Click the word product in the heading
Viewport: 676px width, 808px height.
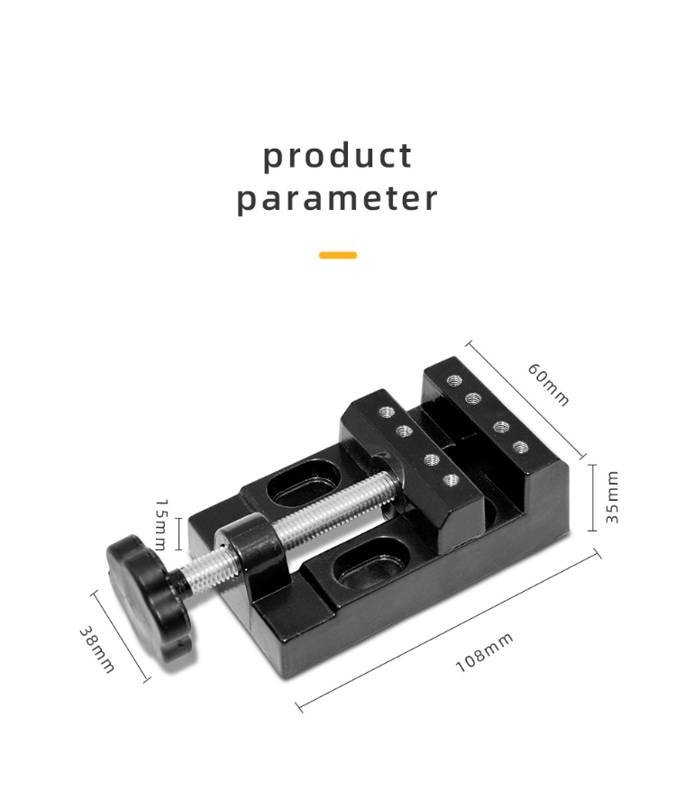[x=337, y=155]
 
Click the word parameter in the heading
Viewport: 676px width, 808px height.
[x=337, y=199]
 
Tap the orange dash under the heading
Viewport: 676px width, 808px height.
[x=338, y=255]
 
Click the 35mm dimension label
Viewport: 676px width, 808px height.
[x=612, y=497]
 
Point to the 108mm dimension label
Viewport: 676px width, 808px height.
[x=484, y=652]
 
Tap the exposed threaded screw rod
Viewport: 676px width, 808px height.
[x=333, y=509]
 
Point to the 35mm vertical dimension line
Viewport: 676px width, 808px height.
[x=592, y=498]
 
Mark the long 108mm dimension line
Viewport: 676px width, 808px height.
[x=448, y=631]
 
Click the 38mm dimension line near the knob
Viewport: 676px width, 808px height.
[x=120, y=637]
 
